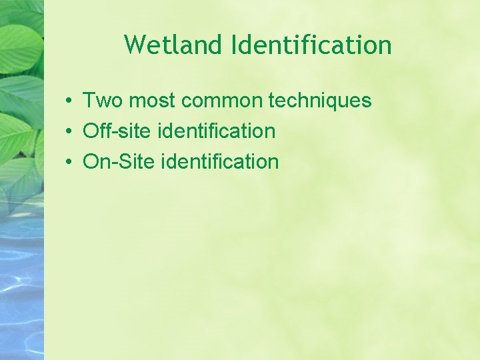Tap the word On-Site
coord(119,161)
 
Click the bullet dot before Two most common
coord(69,101)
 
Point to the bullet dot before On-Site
coord(69,162)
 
